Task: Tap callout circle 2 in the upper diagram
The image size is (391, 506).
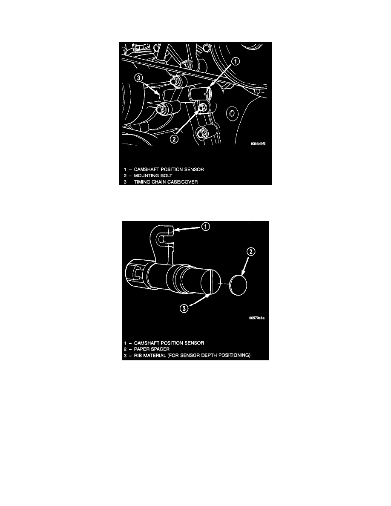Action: point(174,139)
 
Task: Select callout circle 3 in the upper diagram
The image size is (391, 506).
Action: point(138,78)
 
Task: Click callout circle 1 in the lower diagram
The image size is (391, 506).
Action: point(205,227)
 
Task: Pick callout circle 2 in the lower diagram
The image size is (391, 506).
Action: point(251,252)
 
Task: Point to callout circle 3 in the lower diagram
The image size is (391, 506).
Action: point(184,308)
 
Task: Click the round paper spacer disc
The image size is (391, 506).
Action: point(238,285)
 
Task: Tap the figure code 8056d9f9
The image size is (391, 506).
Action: point(258,144)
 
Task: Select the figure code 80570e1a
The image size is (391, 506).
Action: point(257,318)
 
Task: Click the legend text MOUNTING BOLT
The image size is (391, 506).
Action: point(153,175)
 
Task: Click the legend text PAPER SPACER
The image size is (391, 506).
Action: point(152,349)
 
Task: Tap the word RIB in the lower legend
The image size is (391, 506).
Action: point(138,355)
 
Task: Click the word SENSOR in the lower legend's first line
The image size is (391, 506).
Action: point(194,343)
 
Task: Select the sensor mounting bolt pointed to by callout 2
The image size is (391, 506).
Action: point(201,108)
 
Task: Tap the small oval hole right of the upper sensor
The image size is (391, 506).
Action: point(231,113)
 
